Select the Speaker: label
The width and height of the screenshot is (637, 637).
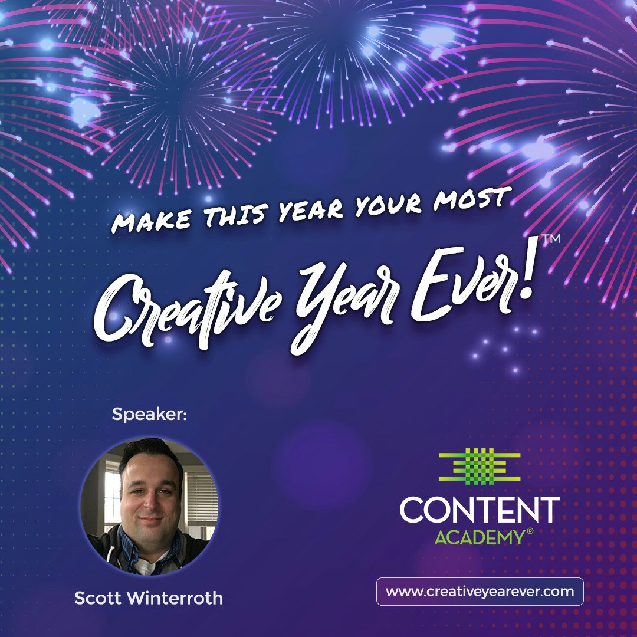(x=149, y=415)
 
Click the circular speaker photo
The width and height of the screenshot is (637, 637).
(x=149, y=507)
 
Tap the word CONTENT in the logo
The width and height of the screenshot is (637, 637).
(x=479, y=510)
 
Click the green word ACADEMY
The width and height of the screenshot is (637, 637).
(x=479, y=537)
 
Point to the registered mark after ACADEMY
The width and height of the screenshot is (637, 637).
(x=530, y=531)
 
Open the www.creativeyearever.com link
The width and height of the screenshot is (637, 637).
(x=480, y=592)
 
